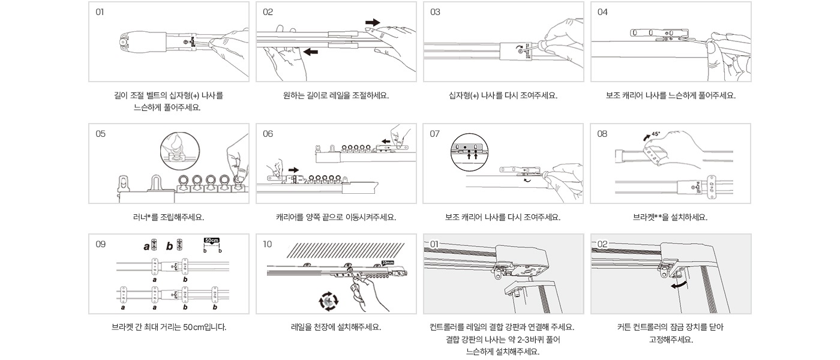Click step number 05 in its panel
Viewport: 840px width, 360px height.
tap(100, 134)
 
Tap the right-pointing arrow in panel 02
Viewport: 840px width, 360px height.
tap(373, 22)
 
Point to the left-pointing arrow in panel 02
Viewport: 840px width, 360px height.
tap(311, 52)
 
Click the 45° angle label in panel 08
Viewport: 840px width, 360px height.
tap(656, 134)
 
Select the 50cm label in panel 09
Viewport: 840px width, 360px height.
tap(211, 240)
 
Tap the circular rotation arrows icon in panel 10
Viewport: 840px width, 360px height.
tap(329, 301)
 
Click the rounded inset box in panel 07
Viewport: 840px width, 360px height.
tap(469, 150)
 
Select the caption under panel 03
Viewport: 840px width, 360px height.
tap(503, 95)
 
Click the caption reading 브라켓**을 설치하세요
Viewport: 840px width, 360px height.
tap(670, 217)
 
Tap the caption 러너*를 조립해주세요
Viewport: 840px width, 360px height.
tap(169, 217)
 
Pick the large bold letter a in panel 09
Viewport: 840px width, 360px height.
tap(146, 246)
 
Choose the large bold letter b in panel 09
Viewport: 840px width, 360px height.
tap(170, 246)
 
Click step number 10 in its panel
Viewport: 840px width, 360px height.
tap(268, 244)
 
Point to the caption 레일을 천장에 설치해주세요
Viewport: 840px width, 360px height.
tap(336, 328)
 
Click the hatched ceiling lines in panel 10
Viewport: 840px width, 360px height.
tap(345, 250)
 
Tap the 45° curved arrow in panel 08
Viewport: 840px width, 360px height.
tap(646, 138)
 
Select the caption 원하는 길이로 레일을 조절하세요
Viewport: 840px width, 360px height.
tap(336, 95)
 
